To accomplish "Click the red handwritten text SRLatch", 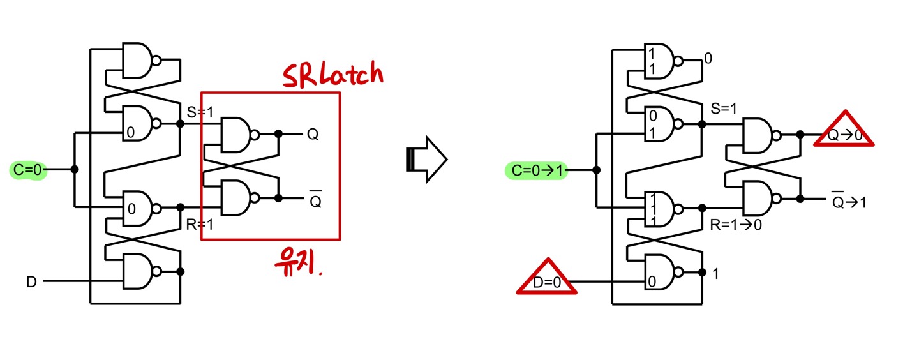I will point(333,75).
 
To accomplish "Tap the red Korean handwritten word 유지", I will point(297,262).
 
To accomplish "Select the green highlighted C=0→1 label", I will point(535,170).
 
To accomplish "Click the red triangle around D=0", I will point(546,279).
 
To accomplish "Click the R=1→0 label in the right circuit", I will point(736,225).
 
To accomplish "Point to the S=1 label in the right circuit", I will point(723,109).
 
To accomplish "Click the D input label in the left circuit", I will point(31,281).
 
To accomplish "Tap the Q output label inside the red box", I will point(313,135).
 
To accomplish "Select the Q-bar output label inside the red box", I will point(314,200).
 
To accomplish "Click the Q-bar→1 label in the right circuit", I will point(848,202).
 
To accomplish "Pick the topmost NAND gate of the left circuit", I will point(140,61).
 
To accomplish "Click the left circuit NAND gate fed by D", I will point(140,272).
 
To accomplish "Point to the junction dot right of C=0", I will point(75,170).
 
